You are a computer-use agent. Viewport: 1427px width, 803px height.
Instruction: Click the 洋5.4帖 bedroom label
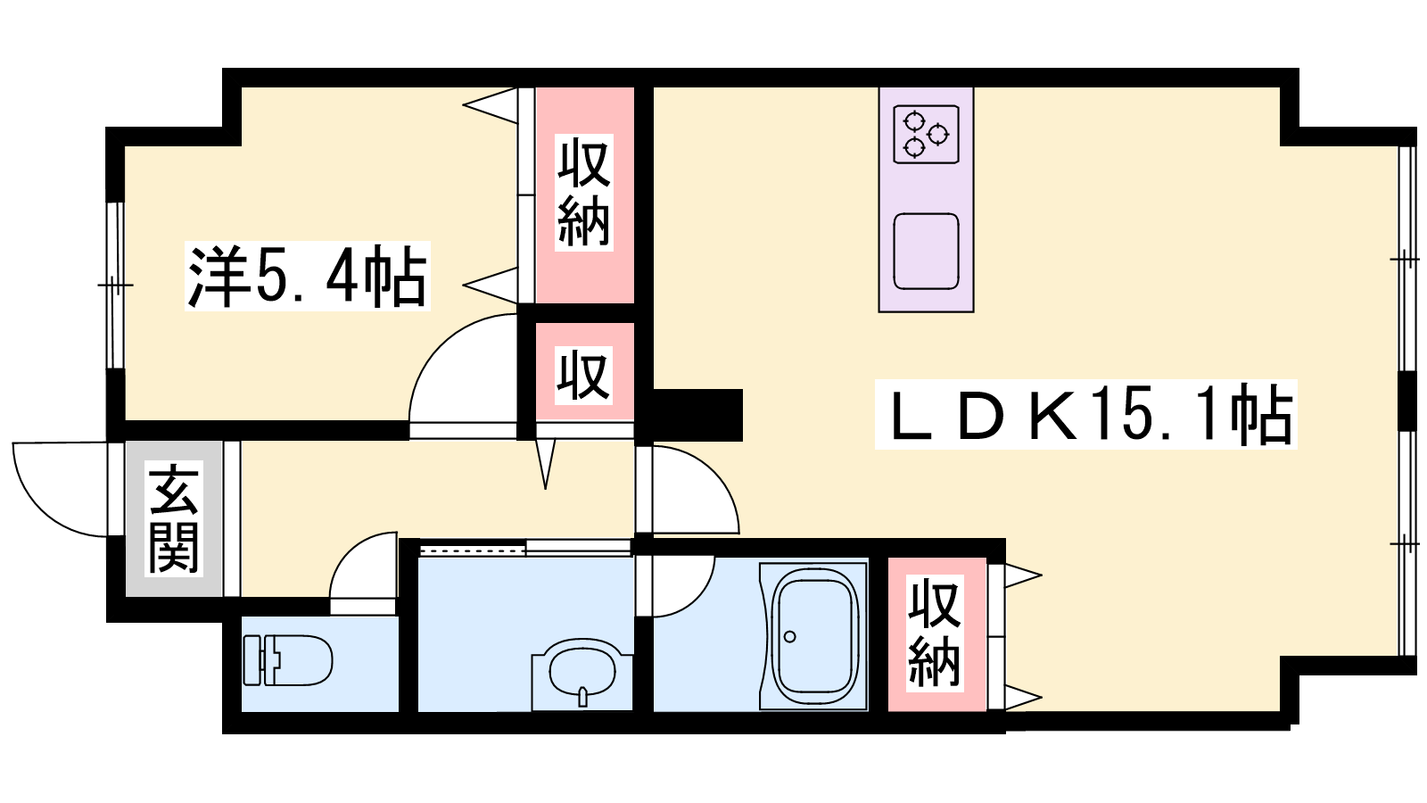pyautogui.click(x=308, y=276)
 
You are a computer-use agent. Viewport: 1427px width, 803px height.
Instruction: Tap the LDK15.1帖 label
pyautogui.click(x=1086, y=414)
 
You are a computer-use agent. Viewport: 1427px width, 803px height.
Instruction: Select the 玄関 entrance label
pyautogui.click(x=174, y=518)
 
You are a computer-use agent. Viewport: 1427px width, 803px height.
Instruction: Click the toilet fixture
pyautogui.click(x=288, y=660)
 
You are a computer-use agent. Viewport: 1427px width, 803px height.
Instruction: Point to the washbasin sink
pyautogui.click(x=582, y=675)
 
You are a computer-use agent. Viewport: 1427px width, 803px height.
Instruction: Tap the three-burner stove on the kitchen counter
pyautogui.click(x=927, y=135)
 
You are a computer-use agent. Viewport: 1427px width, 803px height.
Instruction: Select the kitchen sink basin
pyautogui.click(x=927, y=251)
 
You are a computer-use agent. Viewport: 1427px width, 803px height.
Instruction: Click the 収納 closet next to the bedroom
pyautogui.click(x=585, y=195)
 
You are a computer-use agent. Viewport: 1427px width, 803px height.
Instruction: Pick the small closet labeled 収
pyautogui.click(x=585, y=372)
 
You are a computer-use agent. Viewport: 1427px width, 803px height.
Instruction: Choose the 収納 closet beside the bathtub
pyautogui.click(x=936, y=634)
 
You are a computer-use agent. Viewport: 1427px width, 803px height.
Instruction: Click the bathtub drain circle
pyautogui.click(x=790, y=636)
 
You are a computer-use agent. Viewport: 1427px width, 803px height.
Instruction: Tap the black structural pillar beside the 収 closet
pyautogui.click(x=698, y=415)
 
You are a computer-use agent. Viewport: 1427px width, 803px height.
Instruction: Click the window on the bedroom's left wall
pyautogui.click(x=115, y=285)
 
